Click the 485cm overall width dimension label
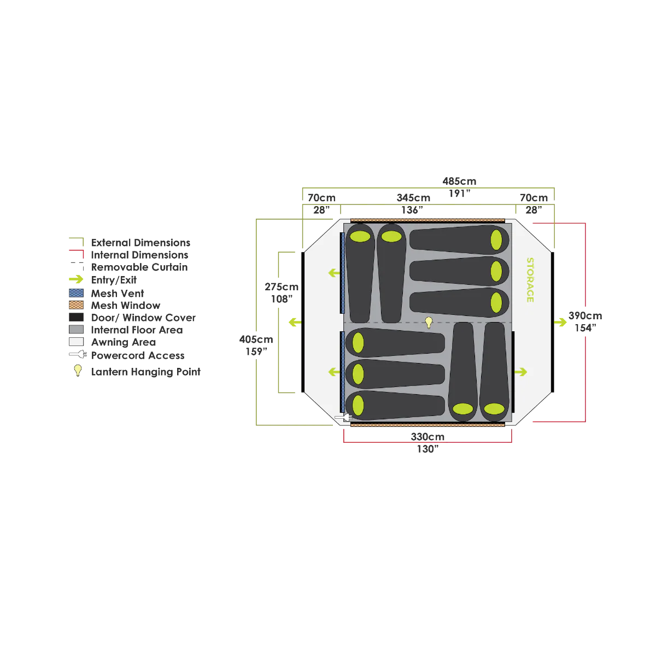pos(459,181)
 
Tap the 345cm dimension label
pos(413,198)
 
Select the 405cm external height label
pos(256,339)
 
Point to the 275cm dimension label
pos(282,287)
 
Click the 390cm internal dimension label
pos(585,315)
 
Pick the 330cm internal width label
pos(427,437)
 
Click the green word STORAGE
pos(530,280)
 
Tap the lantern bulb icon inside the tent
pos(429,323)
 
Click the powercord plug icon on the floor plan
pos(343,417)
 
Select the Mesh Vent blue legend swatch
pos(76,293)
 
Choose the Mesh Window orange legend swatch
pos(76,305)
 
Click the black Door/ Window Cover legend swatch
pos(76,317)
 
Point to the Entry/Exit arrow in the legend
pos(76,279)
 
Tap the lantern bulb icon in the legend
pos(78,371)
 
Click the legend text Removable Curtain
pos(139,267)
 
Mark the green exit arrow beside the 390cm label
pos(560,322)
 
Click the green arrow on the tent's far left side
pos(295,322)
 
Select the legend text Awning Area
pos(123,342)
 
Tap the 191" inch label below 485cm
pos(459,194)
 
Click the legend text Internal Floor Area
pos(137,330)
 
